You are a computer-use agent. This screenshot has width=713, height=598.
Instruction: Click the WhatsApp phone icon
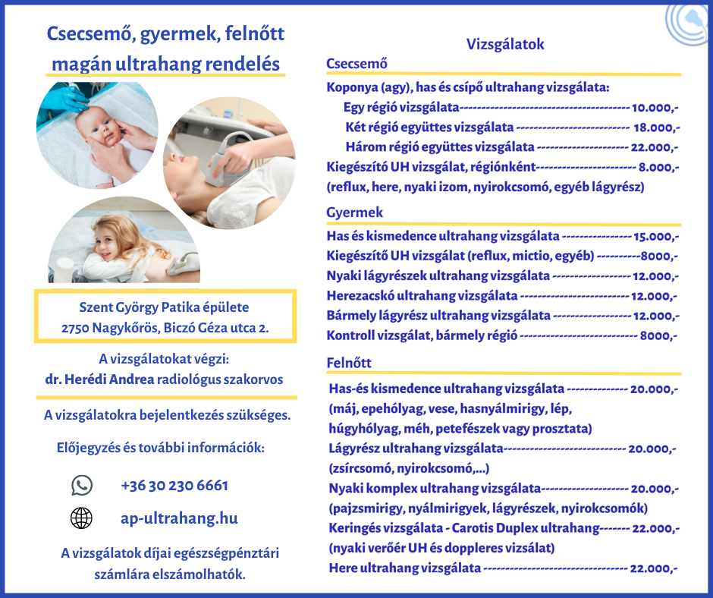[x=81, y=485]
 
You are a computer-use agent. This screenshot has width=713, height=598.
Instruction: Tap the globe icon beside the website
[x=81, y=518]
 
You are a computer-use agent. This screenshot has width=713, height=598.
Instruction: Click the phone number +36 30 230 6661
[x=174, y=485]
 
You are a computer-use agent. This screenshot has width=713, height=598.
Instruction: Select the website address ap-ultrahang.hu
[x=179, y=518]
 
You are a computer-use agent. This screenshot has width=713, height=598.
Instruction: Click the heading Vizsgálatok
[x=504, y=45]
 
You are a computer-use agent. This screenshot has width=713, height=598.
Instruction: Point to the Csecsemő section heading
[x=356, y=64]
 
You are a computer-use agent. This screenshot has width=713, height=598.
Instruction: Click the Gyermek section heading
[x=354, y=212]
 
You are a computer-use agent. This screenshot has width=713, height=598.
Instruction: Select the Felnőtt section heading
[x=349, y=363]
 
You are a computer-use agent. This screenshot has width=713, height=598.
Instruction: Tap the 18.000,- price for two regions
[x=657, y=127]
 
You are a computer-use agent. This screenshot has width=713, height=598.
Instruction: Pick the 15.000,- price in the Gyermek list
[x=656, y=237]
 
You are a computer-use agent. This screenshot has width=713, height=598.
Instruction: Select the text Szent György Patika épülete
[x=164, y=307]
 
